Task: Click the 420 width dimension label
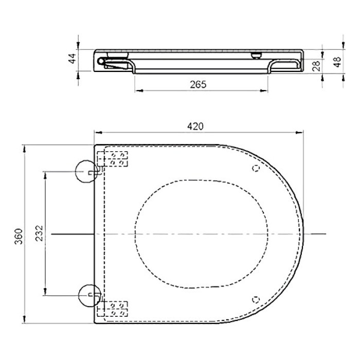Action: (x=195, y=127)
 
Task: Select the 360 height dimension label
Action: (x=19, y=237)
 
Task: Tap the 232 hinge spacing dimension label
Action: (x=39, y=233)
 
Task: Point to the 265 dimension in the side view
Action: (x=198, y=84)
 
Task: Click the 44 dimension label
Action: (x=73, y=58)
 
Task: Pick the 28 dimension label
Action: (x=316, y=66)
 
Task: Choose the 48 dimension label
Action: (x=337, y=62)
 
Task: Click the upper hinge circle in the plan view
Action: (x=86, y=171)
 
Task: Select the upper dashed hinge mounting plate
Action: (x=113, y=158)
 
